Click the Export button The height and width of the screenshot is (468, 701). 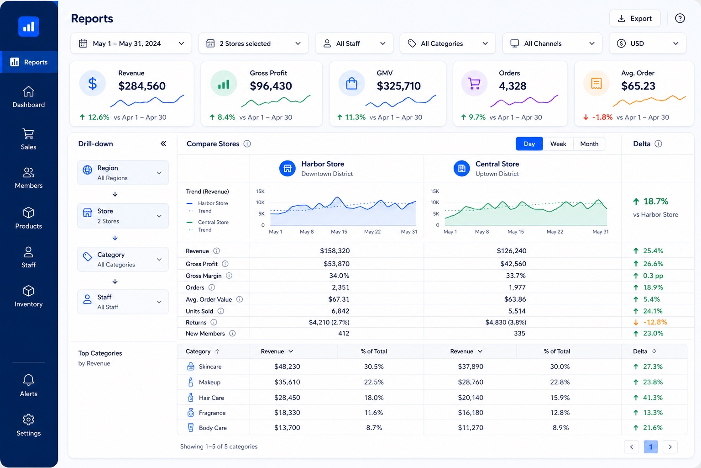[635, 18]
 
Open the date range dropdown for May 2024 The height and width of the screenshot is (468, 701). [131, 43]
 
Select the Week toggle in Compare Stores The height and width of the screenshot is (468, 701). [558, 144]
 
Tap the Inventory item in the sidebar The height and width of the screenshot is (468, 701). [28, 296]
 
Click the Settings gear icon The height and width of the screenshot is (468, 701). [28, 420]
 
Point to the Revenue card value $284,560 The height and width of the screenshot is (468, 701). [142, 86]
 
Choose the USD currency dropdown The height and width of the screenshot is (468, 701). [648, 43]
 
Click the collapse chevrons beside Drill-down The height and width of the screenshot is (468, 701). [163, 144]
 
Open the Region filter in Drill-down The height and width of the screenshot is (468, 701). [123, 173]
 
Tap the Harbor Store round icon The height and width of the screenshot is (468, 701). [287, 168]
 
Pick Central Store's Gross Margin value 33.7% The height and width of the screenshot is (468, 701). [515, 276]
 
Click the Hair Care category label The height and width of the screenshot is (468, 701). [212, 398]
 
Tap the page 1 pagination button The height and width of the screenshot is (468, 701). [651, 447]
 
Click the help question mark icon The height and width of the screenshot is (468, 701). [680, 18]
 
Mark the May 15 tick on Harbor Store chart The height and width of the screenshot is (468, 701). [339, 232]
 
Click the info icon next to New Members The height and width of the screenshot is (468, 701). [232, 334]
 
